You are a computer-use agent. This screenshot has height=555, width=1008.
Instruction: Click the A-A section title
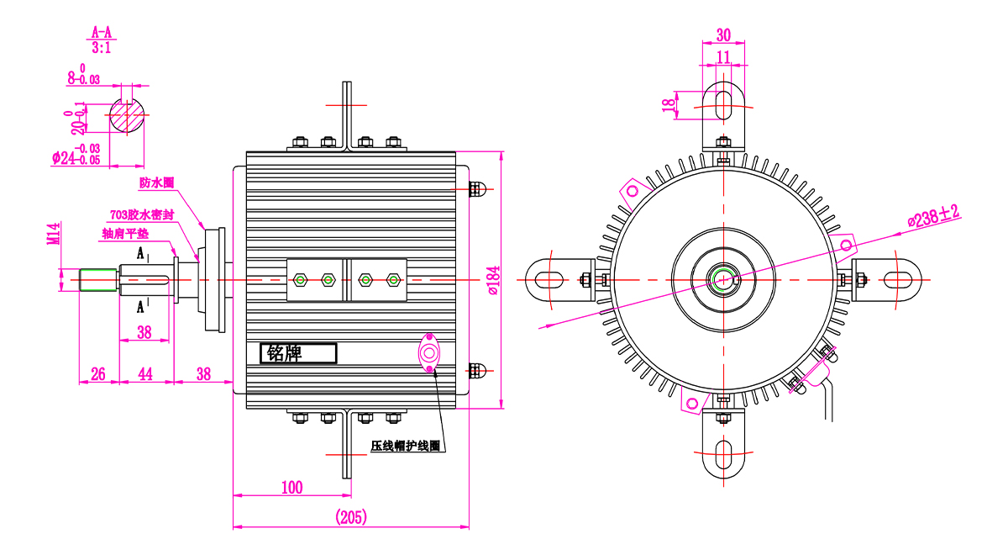pos(102,33)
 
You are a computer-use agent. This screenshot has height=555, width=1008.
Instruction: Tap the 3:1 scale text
pos(102,47)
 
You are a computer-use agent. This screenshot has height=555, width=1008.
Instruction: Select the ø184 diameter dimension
pos(494,280)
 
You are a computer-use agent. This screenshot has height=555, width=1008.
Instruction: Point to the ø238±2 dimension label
pos(933,217)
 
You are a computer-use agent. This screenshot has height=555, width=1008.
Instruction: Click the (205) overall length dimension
pos(351,516)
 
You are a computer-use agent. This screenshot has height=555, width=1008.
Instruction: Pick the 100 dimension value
pos(292,488)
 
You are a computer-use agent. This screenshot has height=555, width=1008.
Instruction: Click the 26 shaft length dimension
pos(98,374)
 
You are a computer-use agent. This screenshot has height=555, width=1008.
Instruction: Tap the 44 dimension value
pos(144,374)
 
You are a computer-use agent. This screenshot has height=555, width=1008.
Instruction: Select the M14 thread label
pos(54,234)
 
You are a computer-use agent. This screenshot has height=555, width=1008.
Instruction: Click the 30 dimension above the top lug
pos(723,34)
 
